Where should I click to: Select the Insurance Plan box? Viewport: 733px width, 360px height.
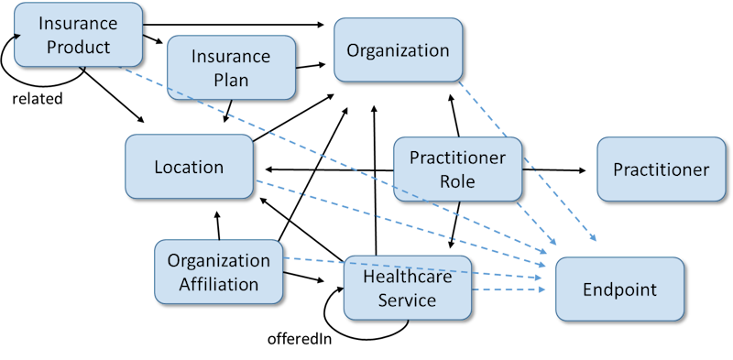click(232, 68)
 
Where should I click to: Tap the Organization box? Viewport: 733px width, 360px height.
click(398, 49)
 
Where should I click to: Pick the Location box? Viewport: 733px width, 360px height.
click(189, 167)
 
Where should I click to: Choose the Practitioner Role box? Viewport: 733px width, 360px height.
click(457, 169)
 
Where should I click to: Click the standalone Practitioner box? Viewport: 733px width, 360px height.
click(661, 169)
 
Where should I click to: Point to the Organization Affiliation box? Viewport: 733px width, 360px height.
click(219, 271)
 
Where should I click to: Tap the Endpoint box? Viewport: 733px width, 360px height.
click(620, 289)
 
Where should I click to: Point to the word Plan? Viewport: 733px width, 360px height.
click(232, 81)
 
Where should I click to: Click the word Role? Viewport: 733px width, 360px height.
click(457, 181)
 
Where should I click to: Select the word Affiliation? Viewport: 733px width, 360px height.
click(219, 284)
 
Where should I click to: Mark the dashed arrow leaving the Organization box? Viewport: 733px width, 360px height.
click(527, 160)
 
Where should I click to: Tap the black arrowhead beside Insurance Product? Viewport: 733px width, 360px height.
click(16, 38)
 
